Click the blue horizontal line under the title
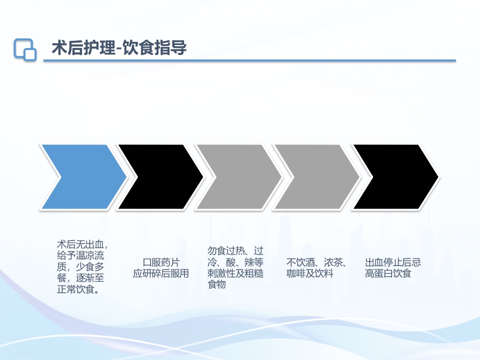pyautogui.click(x=250, y=61)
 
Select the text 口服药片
pyautogui.click(x=161, y=262)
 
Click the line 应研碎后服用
pyautogui.click(x=161, y=273)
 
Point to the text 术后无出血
pyautogui.click(x=81, y=245)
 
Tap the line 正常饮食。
pyautogui.click(x=78, y=289)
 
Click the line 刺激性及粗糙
pyautogui.click(x=235, y=273)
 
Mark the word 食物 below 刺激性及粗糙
pyautogui.click(x=216, y=284)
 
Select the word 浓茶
pyautogui.click(x=333, y=262)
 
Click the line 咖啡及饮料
pyautogui.click(x=310, y=273)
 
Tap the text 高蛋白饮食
pyautogui.click(x=388, y=273)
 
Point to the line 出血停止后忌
pyautogui.click(x=393, y=262)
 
